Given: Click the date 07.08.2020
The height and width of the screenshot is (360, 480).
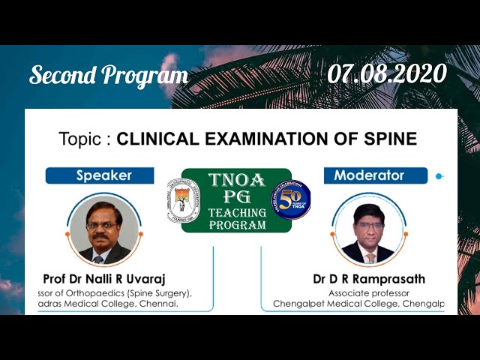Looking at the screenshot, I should coord(387,73).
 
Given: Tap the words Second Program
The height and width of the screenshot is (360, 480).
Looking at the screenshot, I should coord(108,75).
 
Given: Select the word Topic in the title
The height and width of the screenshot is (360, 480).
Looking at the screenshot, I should coord(83,139).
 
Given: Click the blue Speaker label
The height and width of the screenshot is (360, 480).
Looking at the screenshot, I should coord(103,175).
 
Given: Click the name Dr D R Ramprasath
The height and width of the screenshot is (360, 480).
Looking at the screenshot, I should coord(369,279).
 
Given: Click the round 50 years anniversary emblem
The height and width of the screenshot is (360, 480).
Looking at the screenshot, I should coord(290,200).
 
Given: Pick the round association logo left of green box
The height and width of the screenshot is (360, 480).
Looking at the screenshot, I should coord(183,199).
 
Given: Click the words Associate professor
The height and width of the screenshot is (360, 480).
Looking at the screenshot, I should coord(369,292).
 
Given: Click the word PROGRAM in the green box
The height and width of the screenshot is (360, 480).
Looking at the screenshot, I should coord(236,224).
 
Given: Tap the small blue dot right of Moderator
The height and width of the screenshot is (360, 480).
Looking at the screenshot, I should coord(439,176).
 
